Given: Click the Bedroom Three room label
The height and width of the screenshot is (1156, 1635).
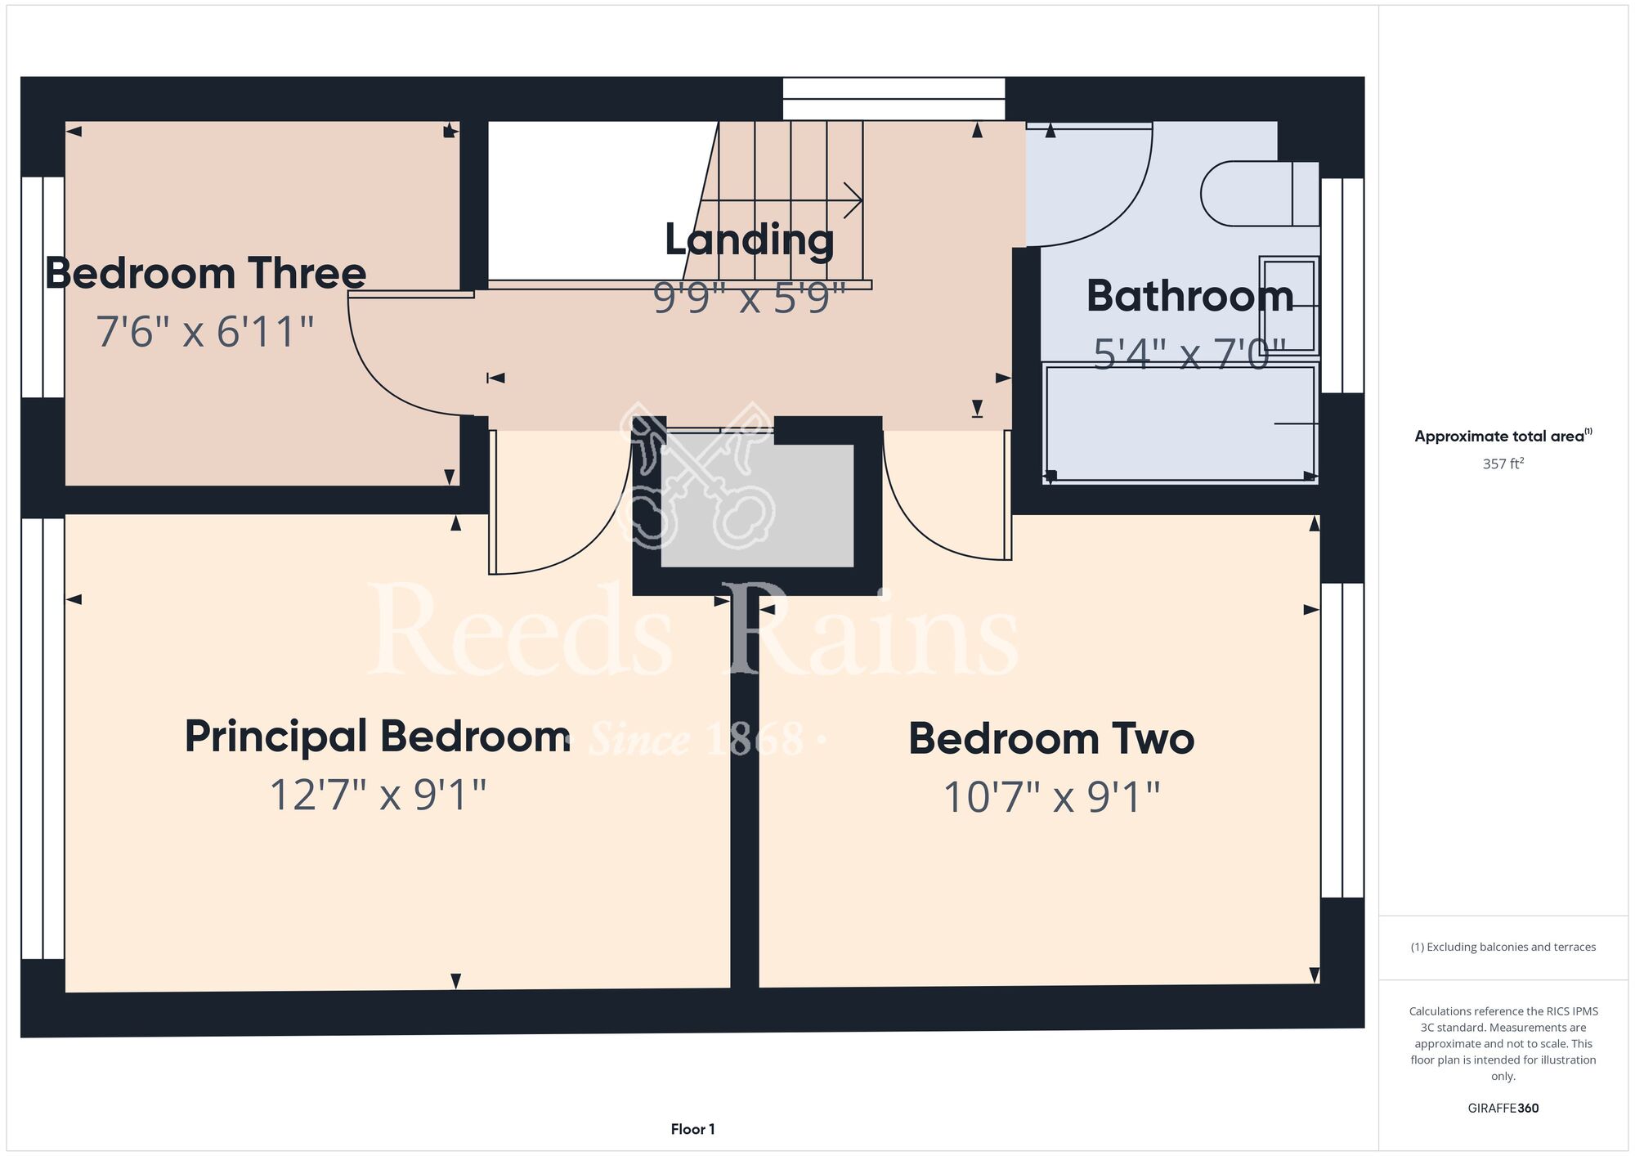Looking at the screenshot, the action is click(205, 273).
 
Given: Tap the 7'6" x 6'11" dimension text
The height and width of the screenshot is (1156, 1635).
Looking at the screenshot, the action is click(205, 332).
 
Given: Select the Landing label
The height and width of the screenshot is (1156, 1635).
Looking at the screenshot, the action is click(750, 240).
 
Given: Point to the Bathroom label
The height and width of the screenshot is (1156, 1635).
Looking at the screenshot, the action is click(1190, 296).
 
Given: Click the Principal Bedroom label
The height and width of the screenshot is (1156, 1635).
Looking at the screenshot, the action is click(378, 737).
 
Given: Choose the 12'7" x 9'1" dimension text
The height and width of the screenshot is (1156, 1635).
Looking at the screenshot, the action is click(378, 795).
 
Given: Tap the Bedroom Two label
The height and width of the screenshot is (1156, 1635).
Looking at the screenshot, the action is click(1051, 739).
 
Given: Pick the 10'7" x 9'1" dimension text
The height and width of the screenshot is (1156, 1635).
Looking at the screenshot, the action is click(1051, 797).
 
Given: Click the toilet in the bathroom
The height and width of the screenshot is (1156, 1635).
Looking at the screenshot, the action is click(1260, 194).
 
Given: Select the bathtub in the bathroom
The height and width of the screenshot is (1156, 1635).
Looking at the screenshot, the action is click(1180, 423).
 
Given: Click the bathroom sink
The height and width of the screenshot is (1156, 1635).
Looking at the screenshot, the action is click(1289, 306).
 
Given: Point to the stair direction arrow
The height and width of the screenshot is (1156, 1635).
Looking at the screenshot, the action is click(782, 200).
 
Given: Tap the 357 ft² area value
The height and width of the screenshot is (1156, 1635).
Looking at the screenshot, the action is click(1503, 464).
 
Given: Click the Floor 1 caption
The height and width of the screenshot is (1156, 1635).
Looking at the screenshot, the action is click(692, 1129).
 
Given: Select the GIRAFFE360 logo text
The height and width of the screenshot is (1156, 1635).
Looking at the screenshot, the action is click(1503, 1109).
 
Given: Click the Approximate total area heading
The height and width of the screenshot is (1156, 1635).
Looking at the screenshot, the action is click(1503, 436).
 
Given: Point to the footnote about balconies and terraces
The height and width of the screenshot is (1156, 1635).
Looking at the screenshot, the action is click(1503, 947).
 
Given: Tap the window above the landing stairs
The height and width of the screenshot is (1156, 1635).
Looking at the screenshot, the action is click(894, 99).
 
